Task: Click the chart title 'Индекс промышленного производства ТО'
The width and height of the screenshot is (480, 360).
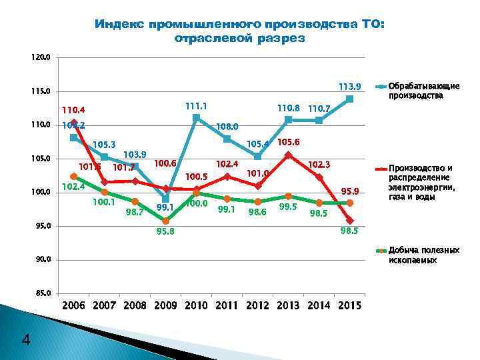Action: (239, 31)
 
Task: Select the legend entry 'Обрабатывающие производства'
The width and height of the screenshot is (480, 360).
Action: (424, 91)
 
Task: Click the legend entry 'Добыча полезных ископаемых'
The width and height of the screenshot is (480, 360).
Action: (424, 255)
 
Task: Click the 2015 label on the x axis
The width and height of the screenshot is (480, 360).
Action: (350, 307)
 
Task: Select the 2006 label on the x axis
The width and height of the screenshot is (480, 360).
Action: (74, 307)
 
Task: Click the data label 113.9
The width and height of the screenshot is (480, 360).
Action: (349, 87)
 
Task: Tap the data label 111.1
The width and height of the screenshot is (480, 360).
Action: (196, 105)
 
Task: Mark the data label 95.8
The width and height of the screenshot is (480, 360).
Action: (167, 231)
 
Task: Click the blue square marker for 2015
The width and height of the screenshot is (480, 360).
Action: (350, 99)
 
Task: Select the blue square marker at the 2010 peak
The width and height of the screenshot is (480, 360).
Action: (196, 118)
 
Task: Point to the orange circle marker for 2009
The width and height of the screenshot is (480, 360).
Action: (166, 220)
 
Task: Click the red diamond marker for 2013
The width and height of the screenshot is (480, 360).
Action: (289, 155)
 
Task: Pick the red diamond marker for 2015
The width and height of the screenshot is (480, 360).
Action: (350, 221)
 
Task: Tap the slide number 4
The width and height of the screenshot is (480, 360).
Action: (26, 341)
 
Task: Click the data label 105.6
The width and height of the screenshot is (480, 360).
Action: (289, 143)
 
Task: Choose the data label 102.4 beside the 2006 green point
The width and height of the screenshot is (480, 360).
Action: (72, 187)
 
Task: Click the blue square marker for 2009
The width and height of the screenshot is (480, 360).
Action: (165, 199)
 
